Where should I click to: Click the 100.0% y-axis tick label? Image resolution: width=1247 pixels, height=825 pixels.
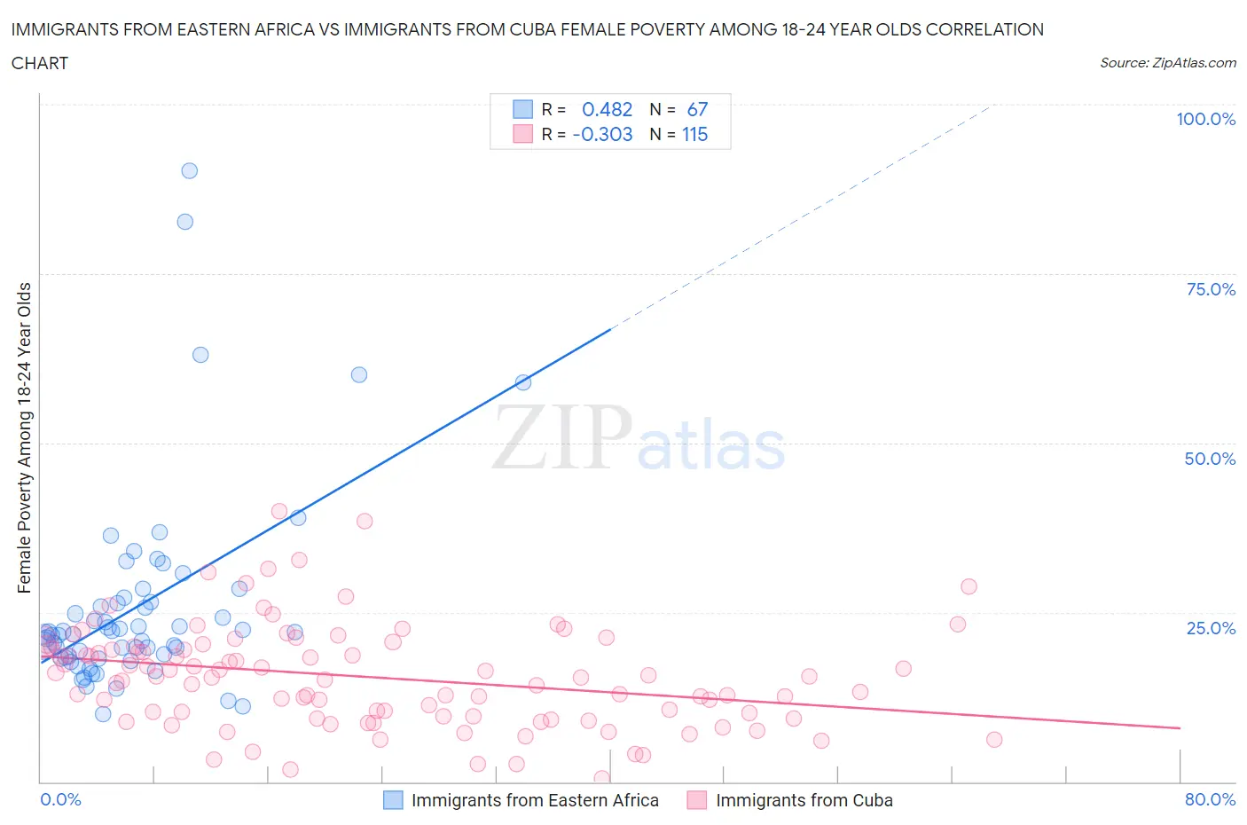1205,119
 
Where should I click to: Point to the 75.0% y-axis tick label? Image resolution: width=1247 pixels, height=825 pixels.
1211,289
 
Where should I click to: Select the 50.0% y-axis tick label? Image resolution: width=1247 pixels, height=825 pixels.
1210,459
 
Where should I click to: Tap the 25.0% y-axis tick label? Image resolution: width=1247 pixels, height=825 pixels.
1211,628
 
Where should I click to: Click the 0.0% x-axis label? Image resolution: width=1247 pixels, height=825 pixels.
60,799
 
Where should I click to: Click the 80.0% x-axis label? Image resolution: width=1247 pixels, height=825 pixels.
1210,799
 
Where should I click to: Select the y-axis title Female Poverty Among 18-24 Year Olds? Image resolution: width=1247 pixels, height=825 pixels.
25,437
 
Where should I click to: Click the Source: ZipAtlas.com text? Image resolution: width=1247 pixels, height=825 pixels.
1167,62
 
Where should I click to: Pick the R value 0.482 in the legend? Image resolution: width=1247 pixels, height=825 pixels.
607,109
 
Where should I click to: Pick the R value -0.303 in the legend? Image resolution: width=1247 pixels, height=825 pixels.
602,134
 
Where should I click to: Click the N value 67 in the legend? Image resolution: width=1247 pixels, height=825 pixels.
697,109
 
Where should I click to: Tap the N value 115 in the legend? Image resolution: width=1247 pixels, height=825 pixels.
694,134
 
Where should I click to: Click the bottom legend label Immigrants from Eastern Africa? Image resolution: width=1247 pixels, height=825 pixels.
535,800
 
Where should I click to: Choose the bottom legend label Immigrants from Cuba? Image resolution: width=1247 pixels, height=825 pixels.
804,800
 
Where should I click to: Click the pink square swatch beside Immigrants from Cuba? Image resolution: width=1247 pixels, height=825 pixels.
697,800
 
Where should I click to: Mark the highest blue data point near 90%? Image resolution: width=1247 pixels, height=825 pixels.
189,170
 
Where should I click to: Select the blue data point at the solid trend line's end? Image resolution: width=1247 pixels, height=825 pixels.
523,382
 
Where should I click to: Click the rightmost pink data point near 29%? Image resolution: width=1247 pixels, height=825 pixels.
969,586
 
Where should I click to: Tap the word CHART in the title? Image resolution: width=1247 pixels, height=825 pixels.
40,63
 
